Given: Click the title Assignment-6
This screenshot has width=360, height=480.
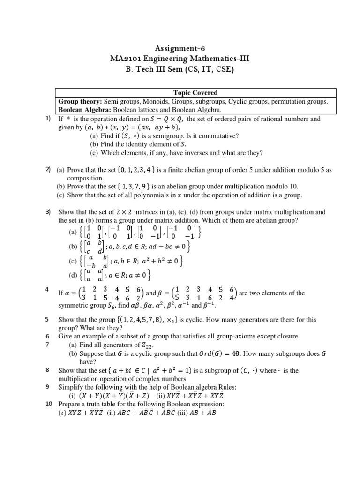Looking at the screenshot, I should click(180, 48).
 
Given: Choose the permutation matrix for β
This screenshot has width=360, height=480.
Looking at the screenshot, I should click(204, 293).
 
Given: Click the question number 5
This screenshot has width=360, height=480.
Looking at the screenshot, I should click(47, 320).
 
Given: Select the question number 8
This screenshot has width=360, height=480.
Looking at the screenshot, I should click(47, 370).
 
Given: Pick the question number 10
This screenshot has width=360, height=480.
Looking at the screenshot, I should click(49, 404).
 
